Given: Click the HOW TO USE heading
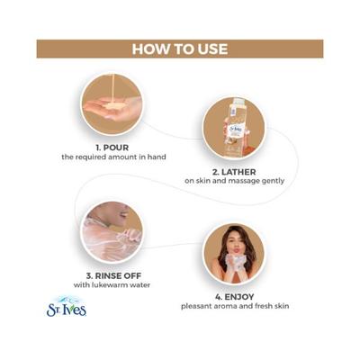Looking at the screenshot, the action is click(180, 49).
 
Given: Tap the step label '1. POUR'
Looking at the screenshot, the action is click(112, 148).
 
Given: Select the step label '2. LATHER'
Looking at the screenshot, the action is click(234, 172).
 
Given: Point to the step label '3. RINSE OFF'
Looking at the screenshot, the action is click(113, 275).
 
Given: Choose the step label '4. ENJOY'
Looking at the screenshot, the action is click(235, 297).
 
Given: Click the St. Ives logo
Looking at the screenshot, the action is click(67, 307).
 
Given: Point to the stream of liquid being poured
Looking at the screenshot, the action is click(112, 87).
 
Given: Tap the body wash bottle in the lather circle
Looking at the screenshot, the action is click(235, 129).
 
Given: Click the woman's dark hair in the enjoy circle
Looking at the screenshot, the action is click(222, 245).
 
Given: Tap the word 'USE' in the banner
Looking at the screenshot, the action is click(211, 49).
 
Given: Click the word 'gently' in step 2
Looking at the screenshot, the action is click(274, 182).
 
